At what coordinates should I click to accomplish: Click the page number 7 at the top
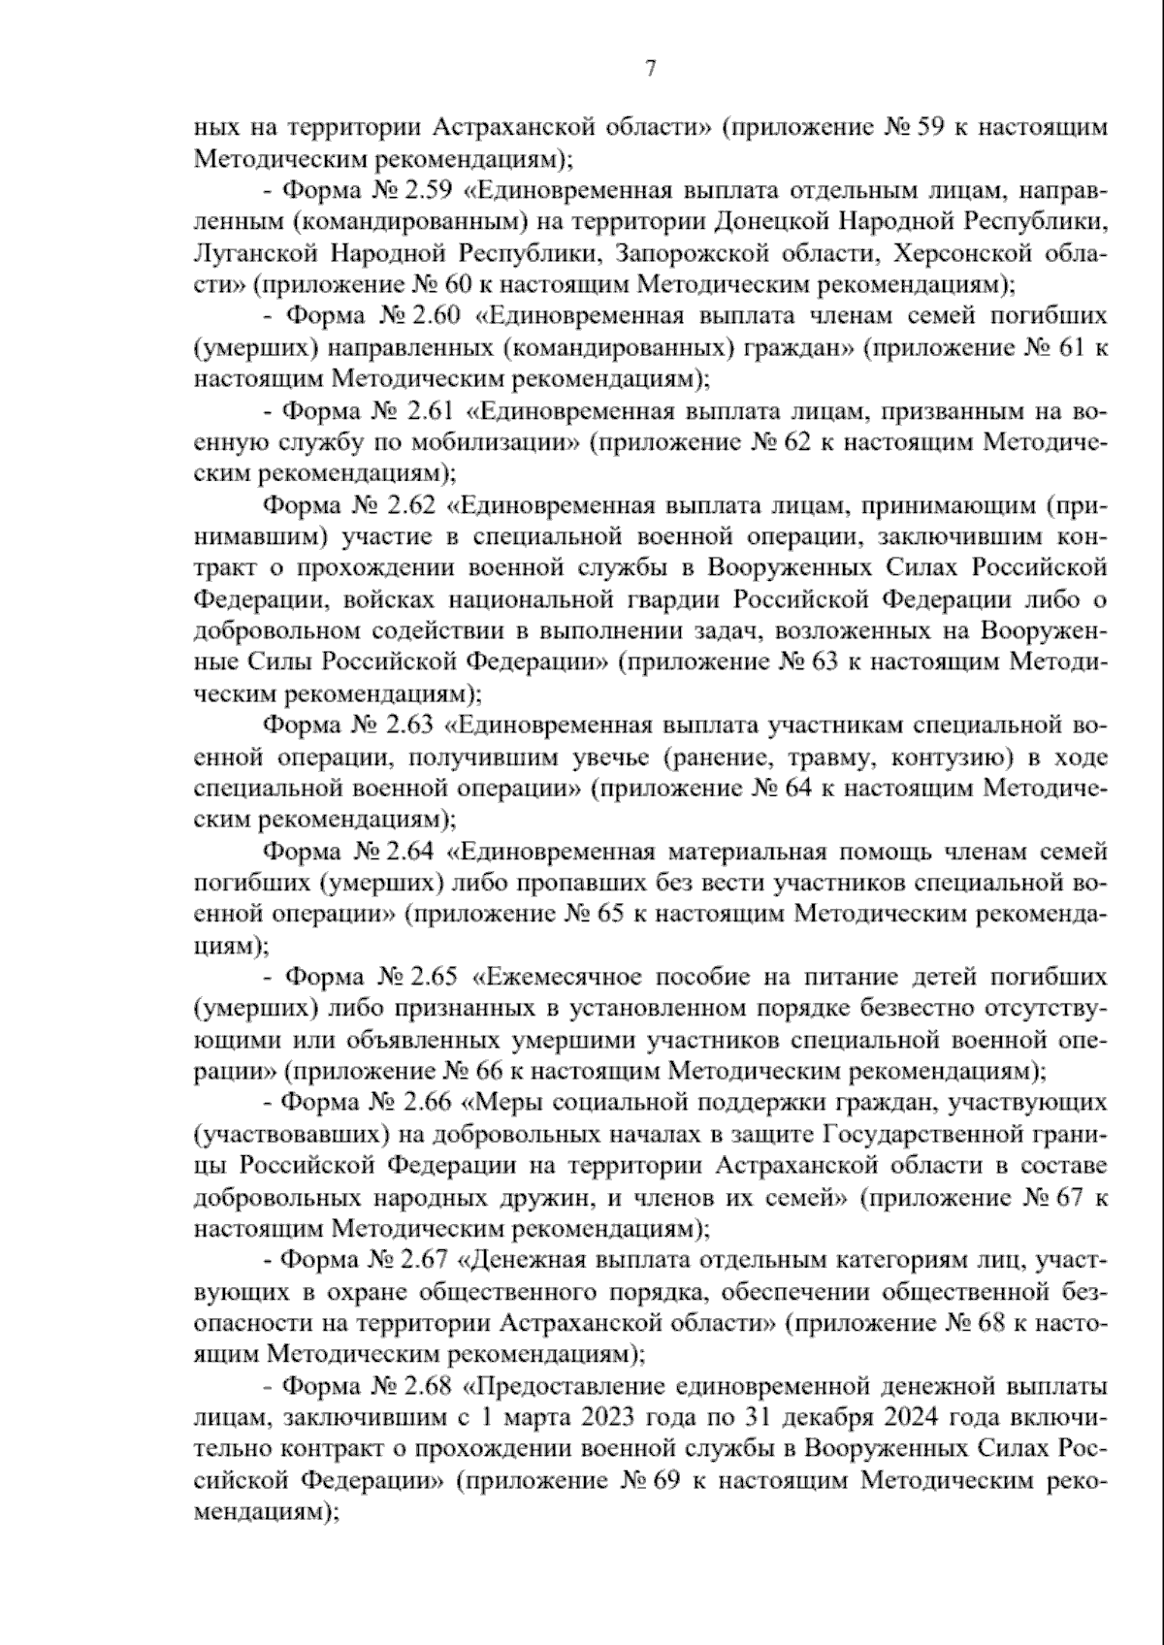[650, 68]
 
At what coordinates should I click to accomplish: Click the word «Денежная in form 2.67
[520, 1261]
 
